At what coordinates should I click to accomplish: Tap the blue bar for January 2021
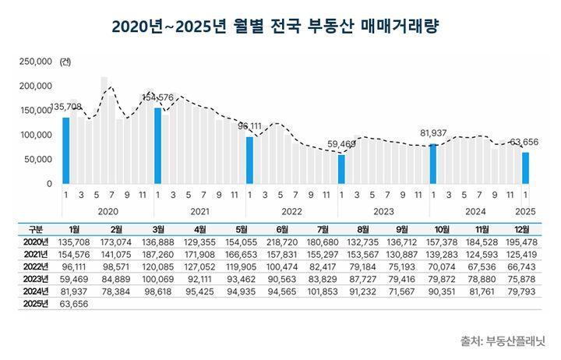tap(158, 146)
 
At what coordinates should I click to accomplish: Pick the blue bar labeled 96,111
tap(250, 160)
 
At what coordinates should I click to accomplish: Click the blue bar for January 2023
tap(341, 169)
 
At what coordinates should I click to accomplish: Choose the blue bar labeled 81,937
tap(433, 164)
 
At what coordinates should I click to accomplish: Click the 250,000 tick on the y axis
tap(37, 61)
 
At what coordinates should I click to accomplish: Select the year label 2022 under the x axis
tap(291, 211)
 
